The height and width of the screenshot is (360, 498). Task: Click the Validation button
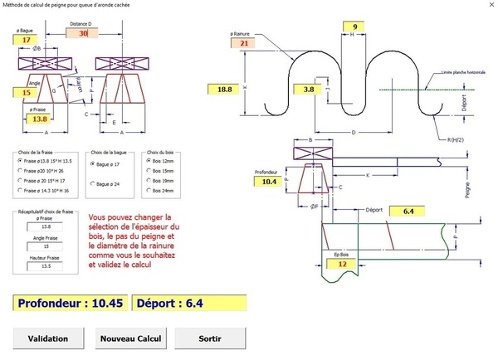pyautogui.click(x=47, y=338)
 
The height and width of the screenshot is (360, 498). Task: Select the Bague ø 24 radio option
pyautogui.click(x=92, y=182)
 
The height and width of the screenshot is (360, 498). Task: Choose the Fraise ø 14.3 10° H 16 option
pyautogui.click(x=21, y=191)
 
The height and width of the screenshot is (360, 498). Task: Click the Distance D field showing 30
pyautogui.click(x=82, y=33)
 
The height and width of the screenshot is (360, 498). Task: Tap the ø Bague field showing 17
pyautogui.click(x=27, y=40)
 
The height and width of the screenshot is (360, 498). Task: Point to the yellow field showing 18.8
pyautogui.click(x=224, y=89)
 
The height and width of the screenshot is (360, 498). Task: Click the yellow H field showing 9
pyautogui.click(x=354, y=27)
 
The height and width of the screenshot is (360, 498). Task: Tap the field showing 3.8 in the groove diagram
pyautogui.click(x=308, y=89)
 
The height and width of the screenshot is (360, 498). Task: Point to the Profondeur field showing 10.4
pyautogui.click(x=268, y=180)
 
